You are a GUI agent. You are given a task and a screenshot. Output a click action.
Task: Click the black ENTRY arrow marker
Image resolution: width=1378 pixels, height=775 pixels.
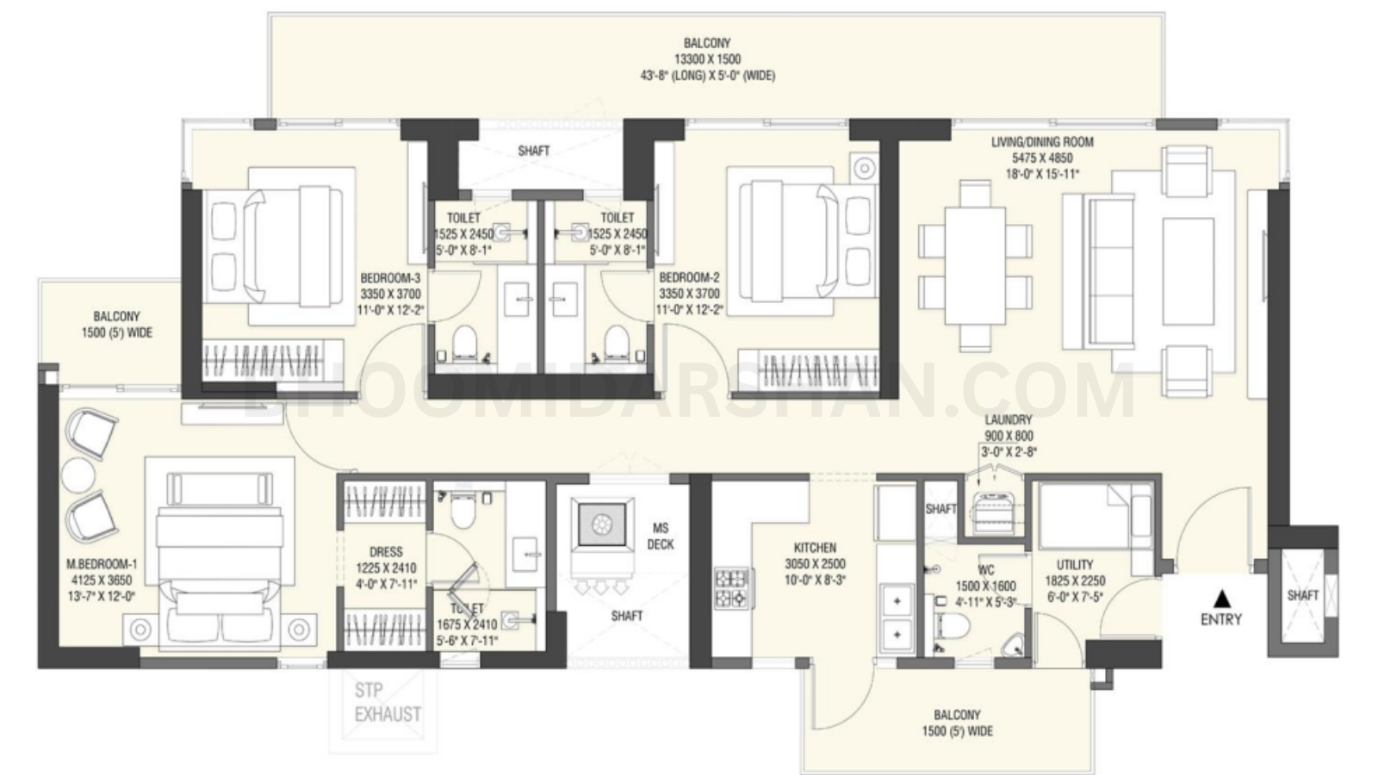pyautogui.click(x=1220, y=596)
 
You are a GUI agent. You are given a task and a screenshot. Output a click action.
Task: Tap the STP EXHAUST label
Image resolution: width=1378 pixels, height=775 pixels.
pyautogui.click(x=388, y=703)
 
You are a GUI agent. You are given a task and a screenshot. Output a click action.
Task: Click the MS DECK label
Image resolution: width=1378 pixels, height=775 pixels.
pyautogui.click(x=661, y=536)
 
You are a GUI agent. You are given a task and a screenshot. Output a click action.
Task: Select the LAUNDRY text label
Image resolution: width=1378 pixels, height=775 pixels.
pyautogui.click(x=1008, y=420)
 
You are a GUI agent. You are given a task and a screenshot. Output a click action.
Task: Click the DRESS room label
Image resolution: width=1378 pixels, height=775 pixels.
pyautogui.click(x=385, y=552)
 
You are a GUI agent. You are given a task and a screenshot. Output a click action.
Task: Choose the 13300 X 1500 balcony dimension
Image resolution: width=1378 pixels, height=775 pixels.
pyautogui.click(x=707, y=59)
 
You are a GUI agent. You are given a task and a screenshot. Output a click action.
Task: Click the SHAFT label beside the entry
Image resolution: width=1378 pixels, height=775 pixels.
pyautogui.click(x=1302, y=595)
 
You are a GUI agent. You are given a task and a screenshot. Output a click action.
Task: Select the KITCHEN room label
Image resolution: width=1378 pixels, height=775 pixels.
pyautogui.click(x=815, y=548)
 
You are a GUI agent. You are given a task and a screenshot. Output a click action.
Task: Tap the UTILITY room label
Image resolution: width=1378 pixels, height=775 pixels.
pyautogui.click(x=1074, y=565)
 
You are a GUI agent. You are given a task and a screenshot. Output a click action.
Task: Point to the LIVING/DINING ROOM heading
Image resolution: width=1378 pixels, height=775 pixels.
pyautogui.click(x=1041, y=142)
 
